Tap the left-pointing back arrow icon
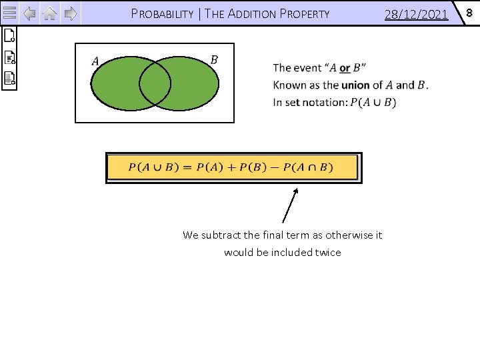29,13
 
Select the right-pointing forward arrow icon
71,13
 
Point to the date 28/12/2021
416,13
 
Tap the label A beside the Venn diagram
95,61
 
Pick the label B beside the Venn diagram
214,60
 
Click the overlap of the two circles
155,83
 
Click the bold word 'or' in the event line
344,68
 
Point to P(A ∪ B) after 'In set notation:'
373,103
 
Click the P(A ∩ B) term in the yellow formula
308,167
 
